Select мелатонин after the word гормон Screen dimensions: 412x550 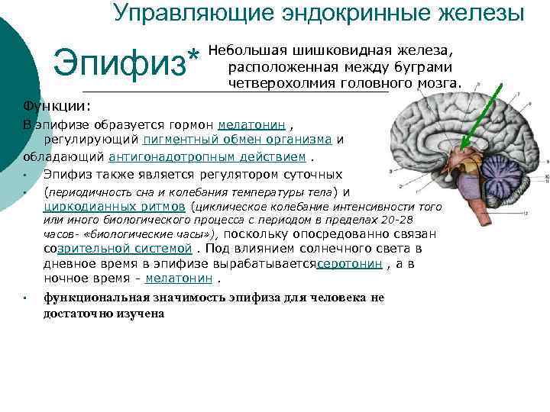point(252,124)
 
